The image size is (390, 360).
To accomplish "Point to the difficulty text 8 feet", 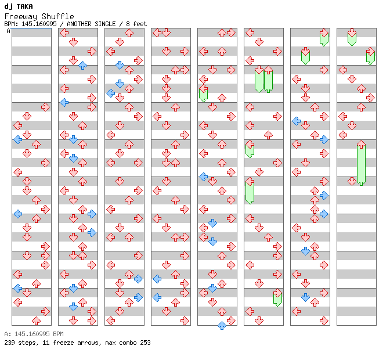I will pos(135,24).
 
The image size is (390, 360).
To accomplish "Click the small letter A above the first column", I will pos(9,31).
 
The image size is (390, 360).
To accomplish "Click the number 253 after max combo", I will pos(145,343).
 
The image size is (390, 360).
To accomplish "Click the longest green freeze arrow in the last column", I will pos(361,163).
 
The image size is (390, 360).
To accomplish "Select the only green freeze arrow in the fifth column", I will pos(203,93).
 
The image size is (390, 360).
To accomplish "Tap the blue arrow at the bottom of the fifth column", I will pos(222,325).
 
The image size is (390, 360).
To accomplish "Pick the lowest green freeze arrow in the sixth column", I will pos(277,297).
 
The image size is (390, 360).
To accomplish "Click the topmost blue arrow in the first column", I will pos(17,139).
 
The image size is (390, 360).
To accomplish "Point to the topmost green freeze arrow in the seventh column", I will pos(324,38).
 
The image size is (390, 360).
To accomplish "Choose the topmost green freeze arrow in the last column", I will pos(352,38).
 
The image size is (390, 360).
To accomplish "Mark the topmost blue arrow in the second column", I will pos(82,65).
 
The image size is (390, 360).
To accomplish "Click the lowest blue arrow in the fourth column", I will pos(157,297).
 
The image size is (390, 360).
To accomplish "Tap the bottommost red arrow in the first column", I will pos(36,321).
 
